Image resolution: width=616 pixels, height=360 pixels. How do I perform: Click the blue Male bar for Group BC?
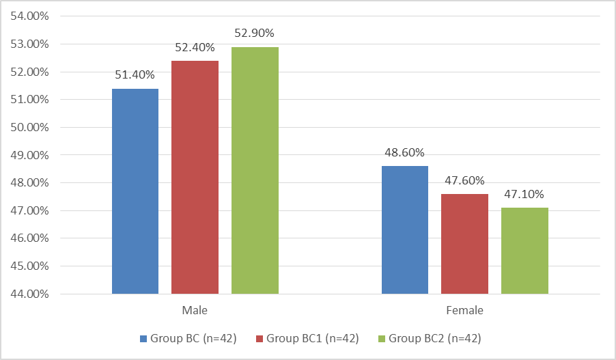point(135,191)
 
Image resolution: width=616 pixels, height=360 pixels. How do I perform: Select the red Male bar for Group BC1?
point(195,177)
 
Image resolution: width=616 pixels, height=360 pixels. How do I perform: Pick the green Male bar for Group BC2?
point(255,171)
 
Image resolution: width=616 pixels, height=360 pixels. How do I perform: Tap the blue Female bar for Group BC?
point(405,230)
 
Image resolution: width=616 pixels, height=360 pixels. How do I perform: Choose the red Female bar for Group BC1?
point(465,244)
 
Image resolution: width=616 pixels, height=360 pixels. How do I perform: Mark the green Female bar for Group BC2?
point(525,251)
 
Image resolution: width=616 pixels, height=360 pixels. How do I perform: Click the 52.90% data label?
point(254,33)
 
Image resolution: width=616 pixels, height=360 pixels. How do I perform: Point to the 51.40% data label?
point(135,74)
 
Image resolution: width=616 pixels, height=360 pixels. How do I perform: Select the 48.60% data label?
point(404,152)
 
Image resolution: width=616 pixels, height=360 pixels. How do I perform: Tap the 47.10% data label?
point(524,194)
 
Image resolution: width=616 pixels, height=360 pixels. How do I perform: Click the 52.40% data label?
point(195,48)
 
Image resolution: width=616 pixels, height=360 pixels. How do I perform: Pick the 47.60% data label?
point(464,181)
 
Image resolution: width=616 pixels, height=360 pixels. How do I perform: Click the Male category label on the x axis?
point(195,311)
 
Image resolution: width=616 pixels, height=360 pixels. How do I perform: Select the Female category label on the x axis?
point(465,311)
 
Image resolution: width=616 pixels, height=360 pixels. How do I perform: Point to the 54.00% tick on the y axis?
point(30,16)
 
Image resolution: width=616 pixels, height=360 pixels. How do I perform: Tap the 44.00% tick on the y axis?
point(30,294)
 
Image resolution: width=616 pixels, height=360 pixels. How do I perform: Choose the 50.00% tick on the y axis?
point(30,127)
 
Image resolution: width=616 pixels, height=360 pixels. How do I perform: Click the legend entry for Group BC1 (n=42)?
point(307,338)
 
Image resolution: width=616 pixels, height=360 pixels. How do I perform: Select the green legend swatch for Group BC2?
point(382,339)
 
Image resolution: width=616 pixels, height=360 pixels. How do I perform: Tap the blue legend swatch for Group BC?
point(143,339)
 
